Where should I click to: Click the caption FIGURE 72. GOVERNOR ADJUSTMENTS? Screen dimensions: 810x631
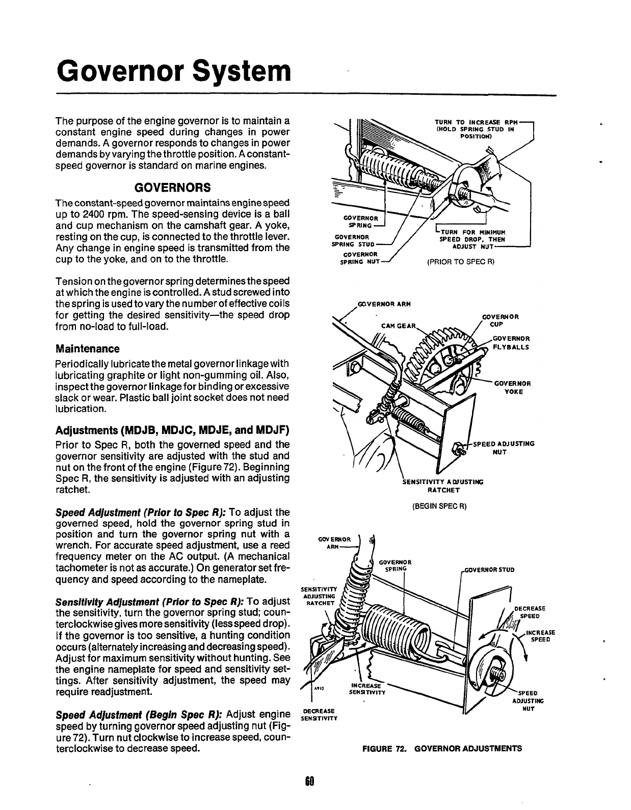[442, 748]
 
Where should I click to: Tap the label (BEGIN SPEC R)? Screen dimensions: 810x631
[439, 506]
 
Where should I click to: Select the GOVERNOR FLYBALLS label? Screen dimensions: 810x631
[511, 342]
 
